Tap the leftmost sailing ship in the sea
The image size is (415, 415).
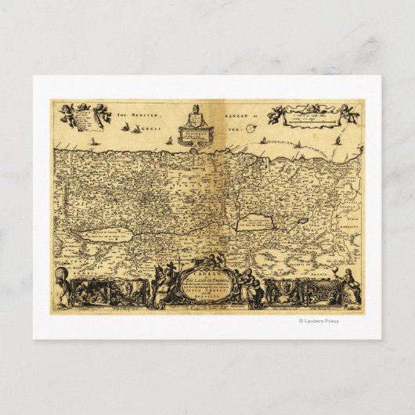coord(92,142)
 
